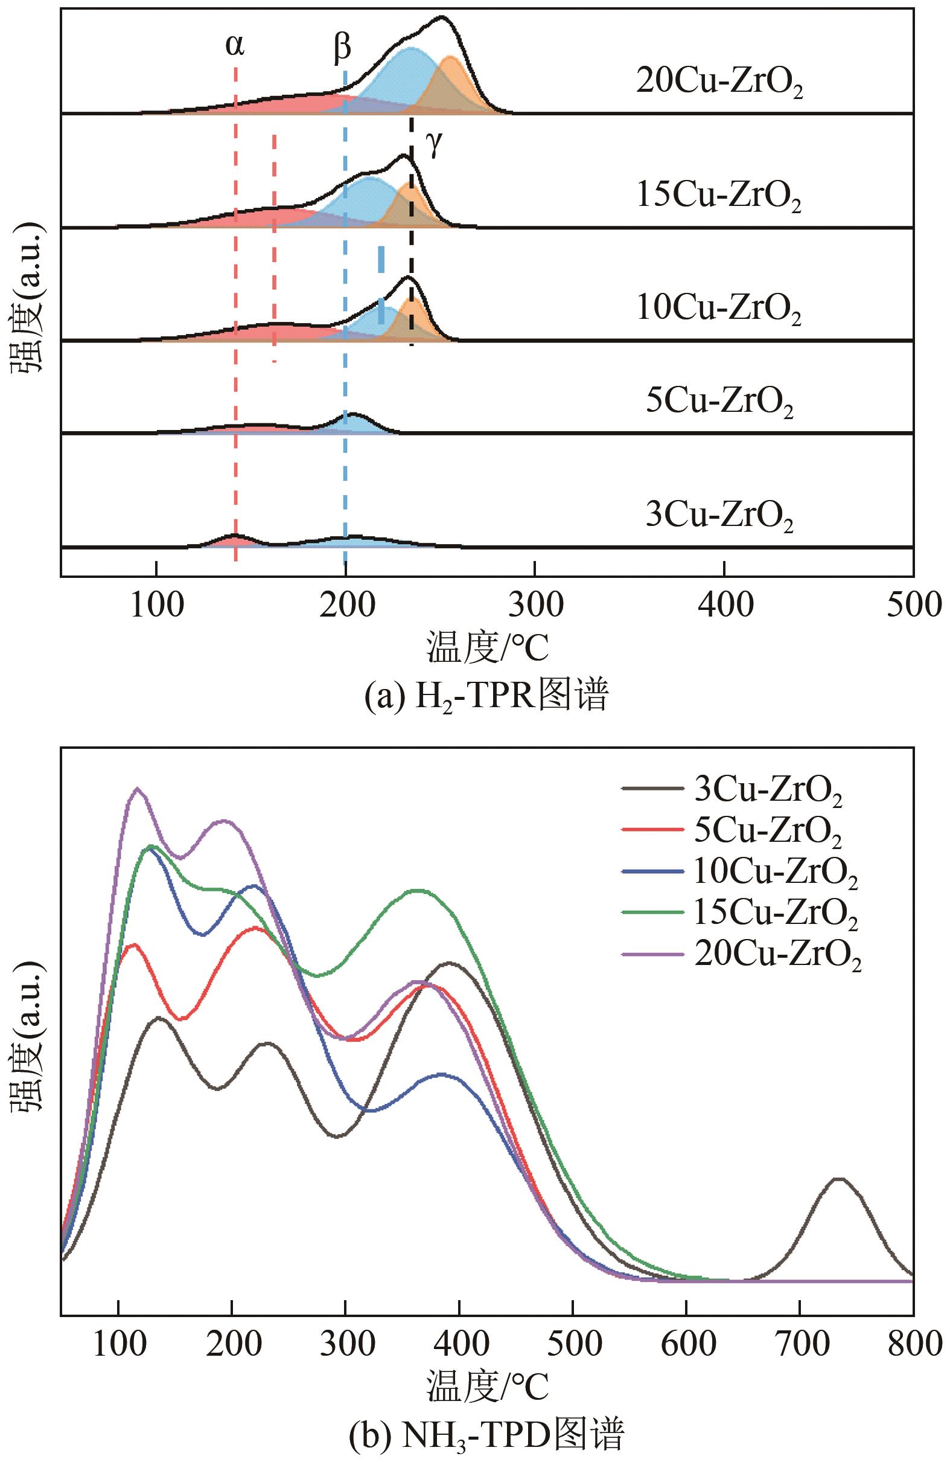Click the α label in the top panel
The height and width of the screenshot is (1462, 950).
pos(235,45)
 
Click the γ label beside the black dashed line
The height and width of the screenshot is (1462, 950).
pos(434,144)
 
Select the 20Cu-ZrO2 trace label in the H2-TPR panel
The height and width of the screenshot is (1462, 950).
pos(719,83)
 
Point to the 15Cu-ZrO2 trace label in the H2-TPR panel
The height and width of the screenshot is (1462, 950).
pos(718,197)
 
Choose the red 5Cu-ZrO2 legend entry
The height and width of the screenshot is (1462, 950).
pos(768,831)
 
